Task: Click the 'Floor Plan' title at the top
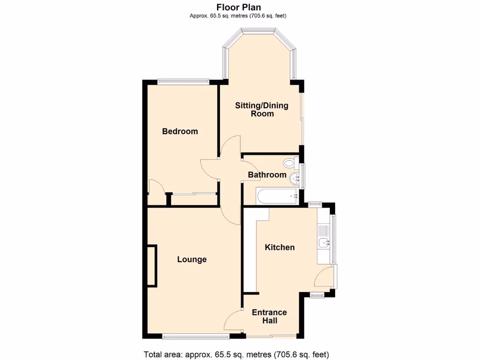[x=238, y=7]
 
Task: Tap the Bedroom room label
[x=180, y=131]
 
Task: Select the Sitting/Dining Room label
[x=262, y=109]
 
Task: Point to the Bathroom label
[x=267, y=175]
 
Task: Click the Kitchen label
[x=280, y=247]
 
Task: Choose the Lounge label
[x=192, y=259]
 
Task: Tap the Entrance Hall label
[x=270, y=316]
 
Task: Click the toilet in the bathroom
[x=290, y=163]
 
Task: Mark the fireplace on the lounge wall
[x=152, y=266]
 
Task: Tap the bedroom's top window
[x=183, y=82]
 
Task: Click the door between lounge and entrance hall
[x=233, y=321]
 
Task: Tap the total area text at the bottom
[x=239, y=354]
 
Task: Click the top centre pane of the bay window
[x=257, y=31]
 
